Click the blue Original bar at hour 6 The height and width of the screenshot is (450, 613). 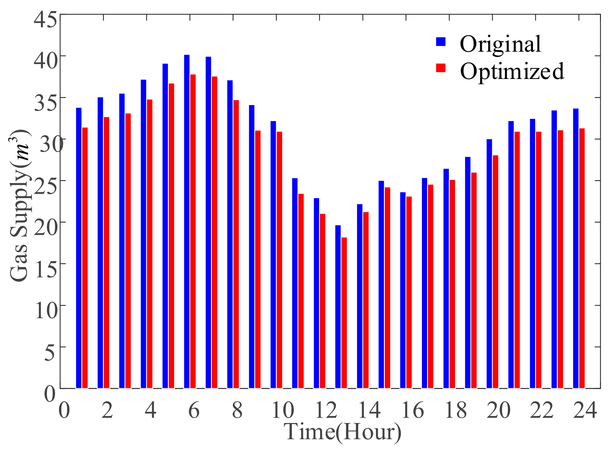[x=187, y=222]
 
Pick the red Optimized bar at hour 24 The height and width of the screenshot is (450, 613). [x=582, y=258]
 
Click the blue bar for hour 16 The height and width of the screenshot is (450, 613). [x=403, y=290]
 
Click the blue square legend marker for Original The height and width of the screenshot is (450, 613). [x=441, y=42]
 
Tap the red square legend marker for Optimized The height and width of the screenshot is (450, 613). [x=441, y=68]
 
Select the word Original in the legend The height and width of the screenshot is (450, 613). [x=500, y=44]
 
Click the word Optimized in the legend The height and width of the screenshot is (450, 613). [x=512, y=71]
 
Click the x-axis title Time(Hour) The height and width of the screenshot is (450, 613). [x=343, y=432]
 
